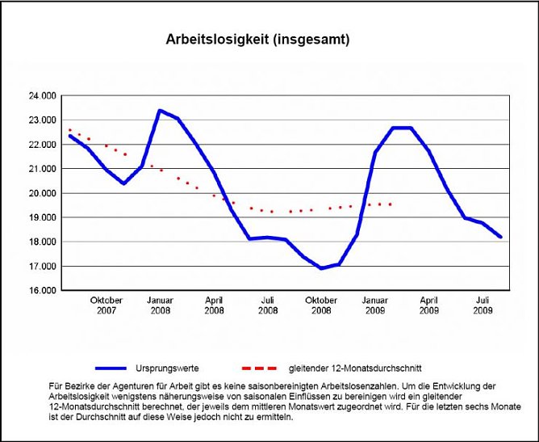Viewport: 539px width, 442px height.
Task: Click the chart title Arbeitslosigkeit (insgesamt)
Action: pos(257,39)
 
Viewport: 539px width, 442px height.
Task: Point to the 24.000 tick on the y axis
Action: pos(42,95)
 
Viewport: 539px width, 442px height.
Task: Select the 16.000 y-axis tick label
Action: pos(42,290)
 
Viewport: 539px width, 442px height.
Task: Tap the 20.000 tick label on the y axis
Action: pos(42,193)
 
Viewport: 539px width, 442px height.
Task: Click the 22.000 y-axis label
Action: pos(42,145)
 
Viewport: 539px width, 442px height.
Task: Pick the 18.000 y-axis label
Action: pos(42,242)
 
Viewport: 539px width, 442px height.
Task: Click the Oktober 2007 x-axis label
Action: pos(107,305)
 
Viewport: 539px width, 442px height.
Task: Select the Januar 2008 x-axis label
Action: pos(160,305)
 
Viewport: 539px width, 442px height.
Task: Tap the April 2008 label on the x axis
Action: pos(214,305)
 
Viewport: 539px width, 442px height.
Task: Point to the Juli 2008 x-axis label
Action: pos(268,305)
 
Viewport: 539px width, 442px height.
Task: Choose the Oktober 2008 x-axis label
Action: pos(321,305)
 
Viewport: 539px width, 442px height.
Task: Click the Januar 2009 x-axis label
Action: pos(375,305)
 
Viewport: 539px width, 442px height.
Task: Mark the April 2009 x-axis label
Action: pos(429,305)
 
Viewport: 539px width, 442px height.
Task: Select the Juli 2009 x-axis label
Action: pos(483,305)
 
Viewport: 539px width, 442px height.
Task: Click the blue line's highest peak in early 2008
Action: pos(160,111)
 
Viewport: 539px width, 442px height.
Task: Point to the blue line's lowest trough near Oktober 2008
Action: pos(321,268)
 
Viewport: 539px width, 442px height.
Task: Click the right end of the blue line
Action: pos(500,237)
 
